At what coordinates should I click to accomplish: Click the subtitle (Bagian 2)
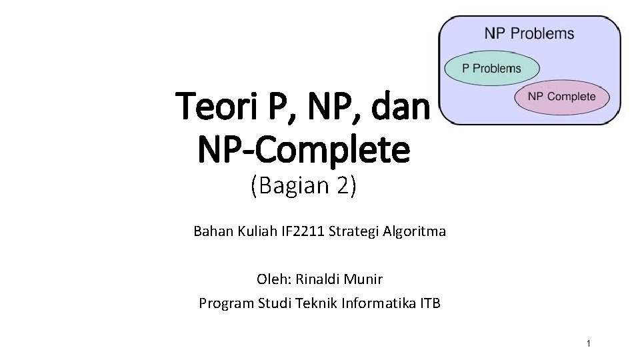[x=303, y=186]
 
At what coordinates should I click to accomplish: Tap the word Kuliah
[x=253, y=232]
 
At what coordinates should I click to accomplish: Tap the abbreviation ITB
[x=431, y=304]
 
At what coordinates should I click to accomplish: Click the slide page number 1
[x=588, y=344]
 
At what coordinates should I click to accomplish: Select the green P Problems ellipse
[x=492, y=68]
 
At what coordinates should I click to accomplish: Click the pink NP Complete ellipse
[x=561, y=97]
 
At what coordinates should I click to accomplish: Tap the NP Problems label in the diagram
[x=529, y=33]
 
